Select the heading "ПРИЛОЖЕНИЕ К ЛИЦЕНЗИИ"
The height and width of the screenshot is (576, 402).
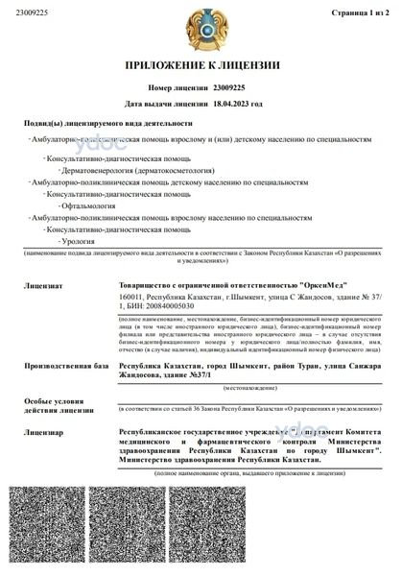click(x=201, y=66)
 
